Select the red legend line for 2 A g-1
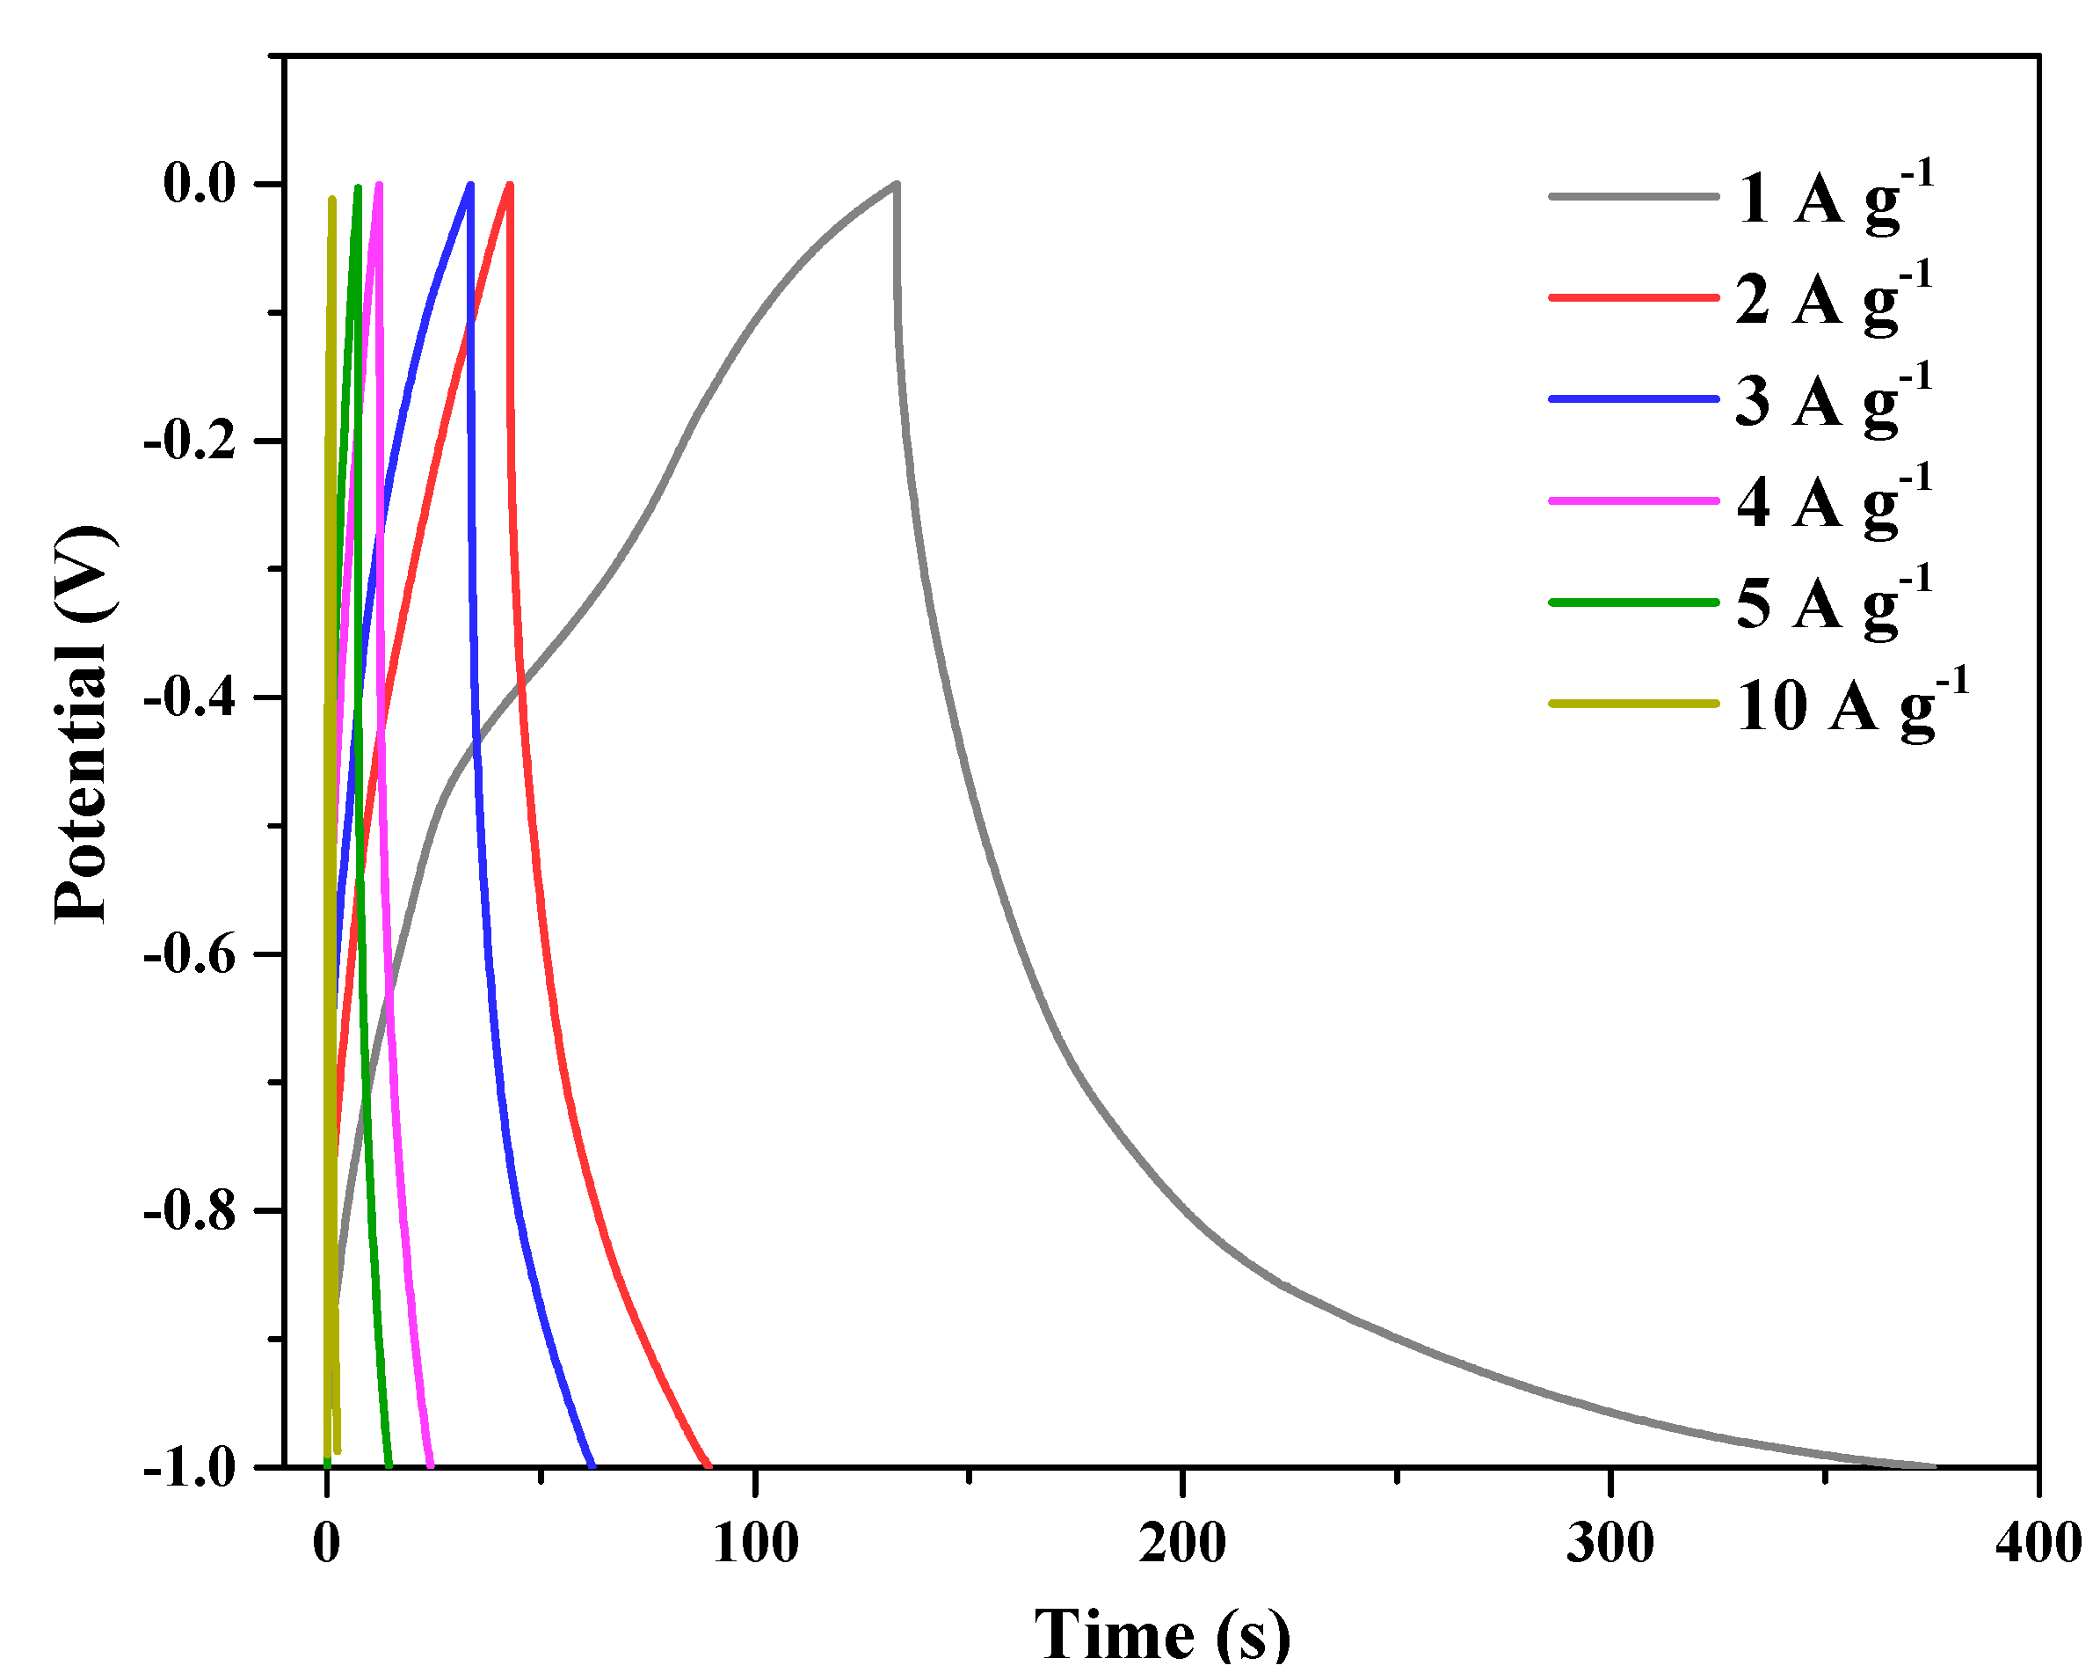1633,296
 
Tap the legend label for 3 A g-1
1833,400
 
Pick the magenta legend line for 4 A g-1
1633,500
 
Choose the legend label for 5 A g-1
1833,603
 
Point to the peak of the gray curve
896,183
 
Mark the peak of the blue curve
471,184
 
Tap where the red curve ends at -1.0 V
709,1465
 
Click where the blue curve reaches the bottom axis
592,1465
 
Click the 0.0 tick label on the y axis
200,183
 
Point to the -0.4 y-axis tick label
190,698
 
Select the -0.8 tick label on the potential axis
190,1211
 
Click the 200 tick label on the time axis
1182,1544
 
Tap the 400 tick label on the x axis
2038,1544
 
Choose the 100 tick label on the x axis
755,1544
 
